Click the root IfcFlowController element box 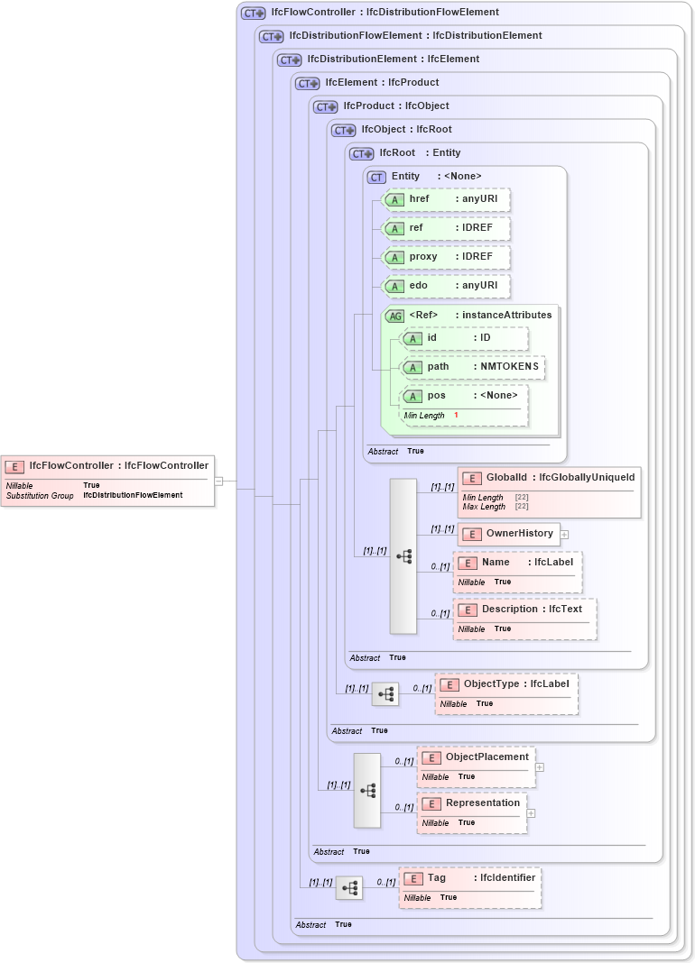[108, 480]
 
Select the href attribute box [446, 199]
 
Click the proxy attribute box [446, 257]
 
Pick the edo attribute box [446, 286]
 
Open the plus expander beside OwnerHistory [564, 534]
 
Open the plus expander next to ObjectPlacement [539, 767]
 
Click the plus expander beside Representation [531, 812]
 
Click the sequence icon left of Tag [349, 888]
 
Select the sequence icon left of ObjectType [385, 694]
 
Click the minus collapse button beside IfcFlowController [218, 481]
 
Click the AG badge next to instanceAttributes [394, 316]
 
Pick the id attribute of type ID [464, 338]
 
